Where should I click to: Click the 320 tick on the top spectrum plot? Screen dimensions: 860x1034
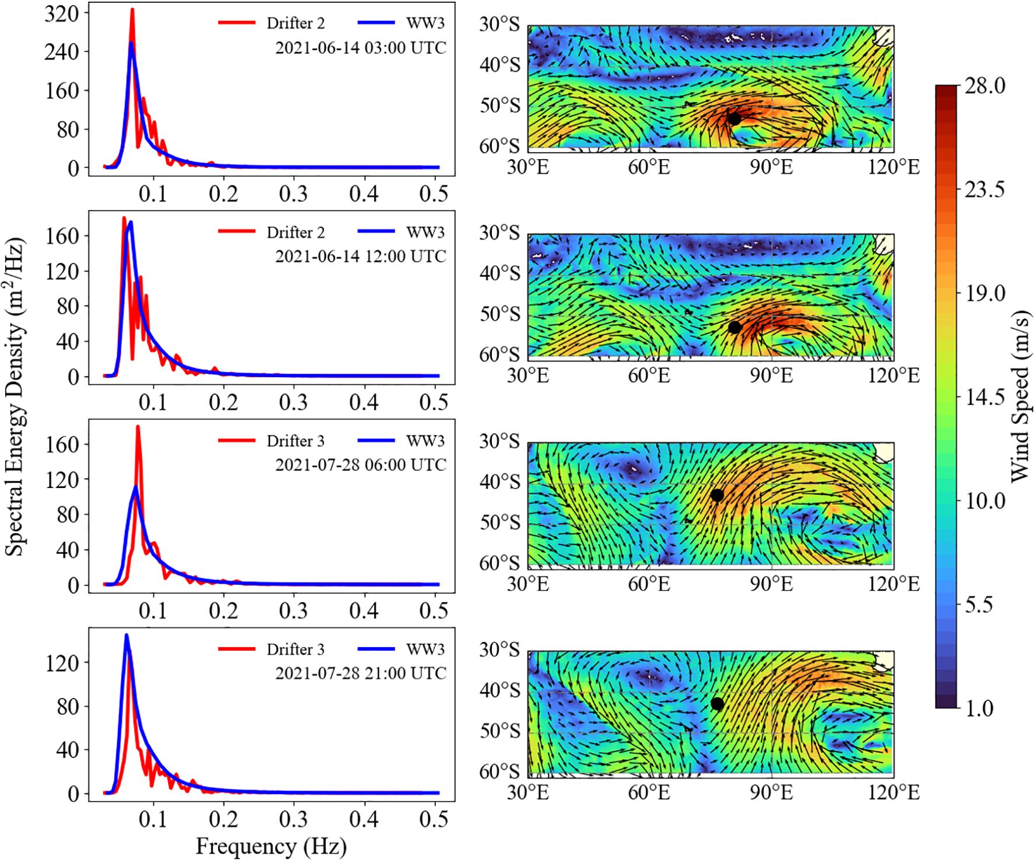coord(61,13)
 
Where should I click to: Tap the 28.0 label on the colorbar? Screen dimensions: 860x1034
coord(985,86)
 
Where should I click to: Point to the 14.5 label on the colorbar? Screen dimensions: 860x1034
coord(985,398)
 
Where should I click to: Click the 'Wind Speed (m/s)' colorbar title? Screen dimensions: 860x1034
coord(1019,396)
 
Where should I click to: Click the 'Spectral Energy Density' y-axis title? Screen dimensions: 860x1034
coord(15,396)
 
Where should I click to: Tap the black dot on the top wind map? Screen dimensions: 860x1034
coord(734,118)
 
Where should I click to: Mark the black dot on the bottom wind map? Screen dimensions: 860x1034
coord(717,704)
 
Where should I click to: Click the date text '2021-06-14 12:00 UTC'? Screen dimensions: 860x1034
coord(361,256)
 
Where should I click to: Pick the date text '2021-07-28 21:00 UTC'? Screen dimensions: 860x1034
coord(361,673)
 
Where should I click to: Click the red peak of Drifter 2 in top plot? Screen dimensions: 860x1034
coord(132,10)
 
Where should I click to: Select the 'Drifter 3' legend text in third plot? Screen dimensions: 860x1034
coord(295,441)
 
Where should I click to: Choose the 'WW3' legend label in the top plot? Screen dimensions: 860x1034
coord(425,23)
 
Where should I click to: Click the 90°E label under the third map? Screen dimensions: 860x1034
coord(771,584)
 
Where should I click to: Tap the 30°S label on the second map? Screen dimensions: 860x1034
coord(499,233)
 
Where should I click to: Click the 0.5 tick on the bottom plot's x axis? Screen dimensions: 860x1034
coord(434,819)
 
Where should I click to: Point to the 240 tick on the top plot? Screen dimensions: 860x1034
coord(61,51)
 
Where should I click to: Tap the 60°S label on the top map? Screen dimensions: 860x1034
coord(499,146)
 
